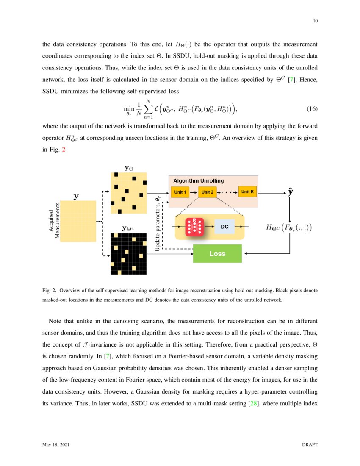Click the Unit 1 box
click(180, 192)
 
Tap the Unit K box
click(248, 192)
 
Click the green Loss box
click(217, 254)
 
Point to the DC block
click(224, 227)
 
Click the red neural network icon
click(194, 227)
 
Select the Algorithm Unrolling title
click(199, 181)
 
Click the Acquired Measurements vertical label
click(54, 220)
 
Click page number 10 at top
click(315, 21)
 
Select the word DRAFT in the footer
click(310, 445)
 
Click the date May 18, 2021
click(56, 445)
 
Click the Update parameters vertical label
click(158, 223)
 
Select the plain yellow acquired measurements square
click(78, 221)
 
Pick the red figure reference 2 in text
click(64, 150)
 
